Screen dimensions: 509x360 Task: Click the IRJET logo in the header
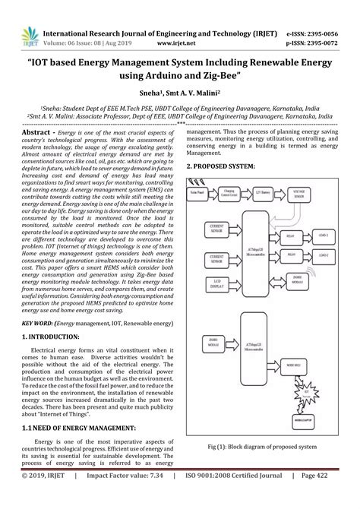pyautogui.click(x=24, y=16)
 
